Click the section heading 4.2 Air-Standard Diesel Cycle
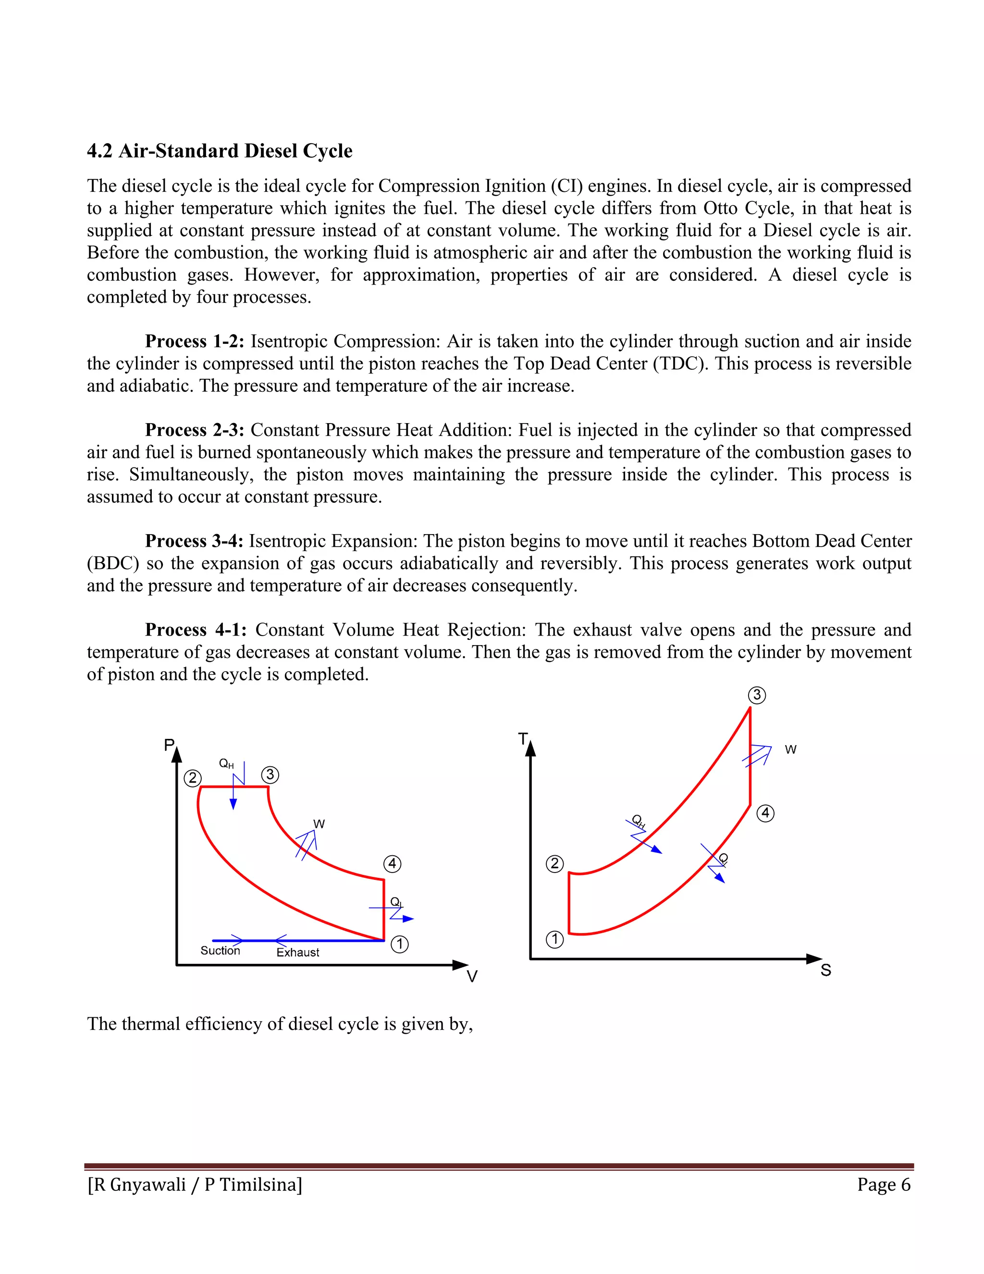pos(219,151)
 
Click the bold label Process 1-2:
pos(194,341)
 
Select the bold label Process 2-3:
pos(194,430)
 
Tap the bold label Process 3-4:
pos(194,541)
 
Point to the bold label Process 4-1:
pos(196,630)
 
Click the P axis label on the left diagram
pos(169,745)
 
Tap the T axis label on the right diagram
pos(523,739)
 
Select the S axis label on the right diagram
pos(825,971)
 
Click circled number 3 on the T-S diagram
pos(757,695)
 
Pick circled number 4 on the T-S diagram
pos(765,813)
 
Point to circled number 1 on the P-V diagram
pos(399,944)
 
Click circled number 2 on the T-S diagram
pos(554,864)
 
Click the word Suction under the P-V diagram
pos(221,951)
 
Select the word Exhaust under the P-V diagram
pos(297,952)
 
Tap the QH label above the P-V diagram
pos(226,763)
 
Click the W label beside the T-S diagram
pos(790,749)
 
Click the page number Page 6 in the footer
pos(883,1185)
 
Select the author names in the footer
pos(195,1185)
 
